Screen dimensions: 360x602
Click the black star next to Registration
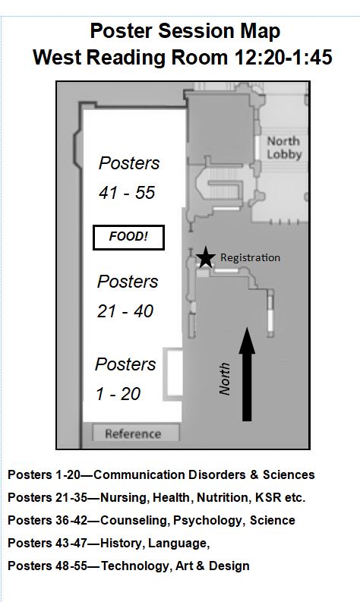[x=206, y=257]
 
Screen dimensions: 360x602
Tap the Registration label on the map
[x=250, y=257]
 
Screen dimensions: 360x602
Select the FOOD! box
[x=128, y=238]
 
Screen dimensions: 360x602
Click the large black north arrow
[x=247, y=374]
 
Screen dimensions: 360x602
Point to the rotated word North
[x=225, y=379]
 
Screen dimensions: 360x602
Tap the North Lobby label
[x=284, y=148]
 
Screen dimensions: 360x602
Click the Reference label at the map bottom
[x=133, y=433]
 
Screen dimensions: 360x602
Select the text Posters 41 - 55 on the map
[x=128, y=178]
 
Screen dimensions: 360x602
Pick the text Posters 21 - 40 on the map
[x=127, y=296]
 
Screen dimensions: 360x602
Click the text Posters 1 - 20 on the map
[x=125, y=379]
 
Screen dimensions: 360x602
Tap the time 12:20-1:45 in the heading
[x=283, y=58]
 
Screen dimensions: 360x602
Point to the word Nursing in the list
[x=123, y=498]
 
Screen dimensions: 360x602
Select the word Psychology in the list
[x=208, y=521]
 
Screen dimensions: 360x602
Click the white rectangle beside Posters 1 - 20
[x=172, y=374]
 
